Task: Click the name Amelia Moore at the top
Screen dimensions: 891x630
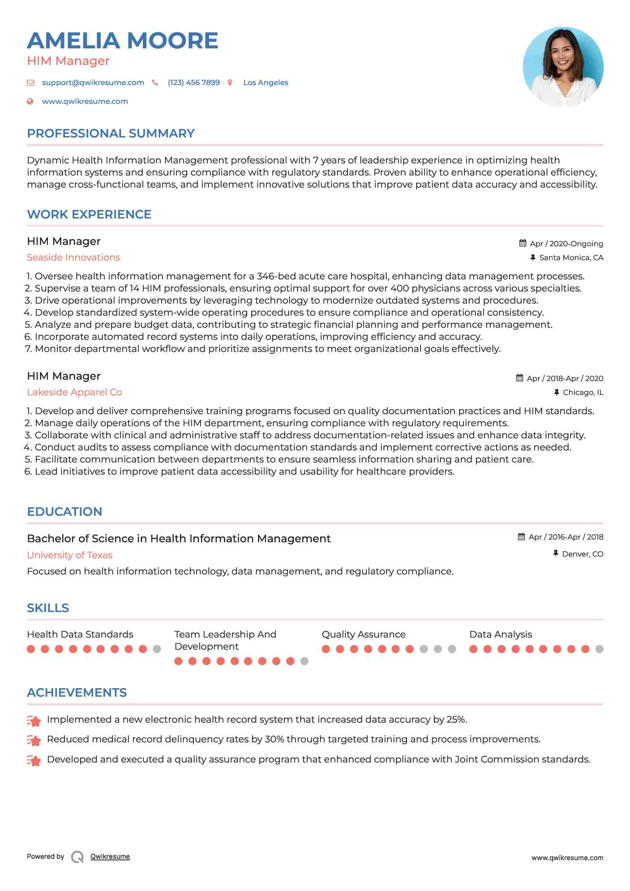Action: click(122, 41)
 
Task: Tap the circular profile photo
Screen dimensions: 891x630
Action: click(563, 67)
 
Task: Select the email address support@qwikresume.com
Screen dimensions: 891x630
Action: click(93, 83)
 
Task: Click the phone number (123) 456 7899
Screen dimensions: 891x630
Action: click(193, 83)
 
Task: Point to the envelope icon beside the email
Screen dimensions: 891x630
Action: click(30, 83)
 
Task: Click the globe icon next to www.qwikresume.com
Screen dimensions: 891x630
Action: click(30, 102)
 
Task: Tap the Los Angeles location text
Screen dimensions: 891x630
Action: click(266, 83)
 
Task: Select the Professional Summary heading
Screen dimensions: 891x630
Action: click(111, 133)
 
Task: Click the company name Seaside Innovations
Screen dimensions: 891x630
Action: click(73, 257)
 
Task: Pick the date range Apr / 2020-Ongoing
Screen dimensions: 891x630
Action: click(566, 244)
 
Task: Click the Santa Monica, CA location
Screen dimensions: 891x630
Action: click(571, 257)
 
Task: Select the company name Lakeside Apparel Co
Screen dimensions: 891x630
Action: click(74, 392)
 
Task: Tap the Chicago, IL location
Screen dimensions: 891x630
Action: click(583, 392)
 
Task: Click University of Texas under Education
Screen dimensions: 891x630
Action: click(69, 555)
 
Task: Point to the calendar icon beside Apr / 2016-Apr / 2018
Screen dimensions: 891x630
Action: click(521, 537)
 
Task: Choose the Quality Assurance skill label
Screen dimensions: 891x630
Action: click(364, 634)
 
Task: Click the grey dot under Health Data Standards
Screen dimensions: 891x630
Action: click(157, 649)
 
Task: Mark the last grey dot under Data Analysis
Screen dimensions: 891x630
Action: click(600, 649)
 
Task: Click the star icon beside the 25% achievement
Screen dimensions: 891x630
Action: click(34, 720)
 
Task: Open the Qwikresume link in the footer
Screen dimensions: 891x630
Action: click(110, 857)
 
